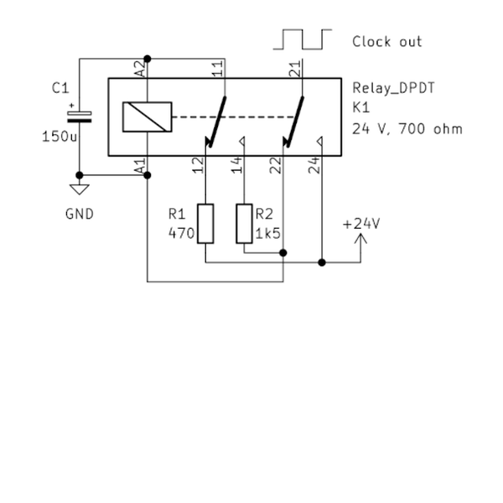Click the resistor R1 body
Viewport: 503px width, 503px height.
pos(205,223)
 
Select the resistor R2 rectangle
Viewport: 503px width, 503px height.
pos(244,223)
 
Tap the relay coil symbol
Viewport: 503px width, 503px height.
pos(147,117)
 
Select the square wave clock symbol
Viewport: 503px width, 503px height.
pos(303,40)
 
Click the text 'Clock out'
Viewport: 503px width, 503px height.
pos(386,41)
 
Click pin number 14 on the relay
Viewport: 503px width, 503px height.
pos(237,165)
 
